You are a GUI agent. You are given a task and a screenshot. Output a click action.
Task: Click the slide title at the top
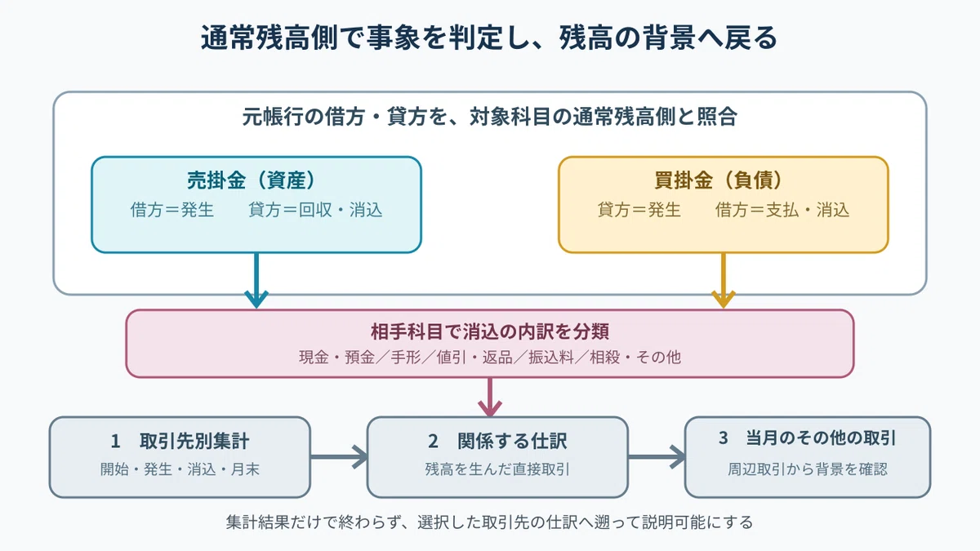489,38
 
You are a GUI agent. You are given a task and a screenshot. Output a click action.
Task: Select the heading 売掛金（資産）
252,180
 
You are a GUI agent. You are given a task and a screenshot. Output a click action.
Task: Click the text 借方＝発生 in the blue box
172,210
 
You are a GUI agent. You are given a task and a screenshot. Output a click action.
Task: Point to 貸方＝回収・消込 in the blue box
315,210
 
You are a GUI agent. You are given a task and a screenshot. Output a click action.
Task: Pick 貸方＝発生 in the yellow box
639,210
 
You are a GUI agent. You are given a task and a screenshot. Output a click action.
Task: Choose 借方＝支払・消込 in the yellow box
782,210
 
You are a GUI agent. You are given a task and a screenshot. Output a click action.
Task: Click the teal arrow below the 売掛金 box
256,280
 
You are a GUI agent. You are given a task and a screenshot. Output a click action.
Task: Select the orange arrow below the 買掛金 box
724,280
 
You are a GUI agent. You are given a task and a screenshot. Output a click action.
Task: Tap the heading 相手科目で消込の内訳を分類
489,331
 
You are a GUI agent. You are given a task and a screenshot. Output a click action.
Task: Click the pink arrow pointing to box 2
489,397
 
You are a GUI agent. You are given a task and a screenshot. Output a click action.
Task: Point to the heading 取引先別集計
194,442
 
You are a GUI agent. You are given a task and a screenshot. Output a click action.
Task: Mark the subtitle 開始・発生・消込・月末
180,469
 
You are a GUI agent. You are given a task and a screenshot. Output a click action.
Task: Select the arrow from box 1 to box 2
339,457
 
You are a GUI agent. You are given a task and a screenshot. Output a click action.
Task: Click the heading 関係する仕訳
512,442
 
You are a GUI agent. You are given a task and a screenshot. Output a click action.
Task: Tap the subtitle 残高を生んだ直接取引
497,469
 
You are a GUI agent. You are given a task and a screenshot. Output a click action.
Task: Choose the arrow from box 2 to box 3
657,457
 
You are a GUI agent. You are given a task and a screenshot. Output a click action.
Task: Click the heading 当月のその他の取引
821,438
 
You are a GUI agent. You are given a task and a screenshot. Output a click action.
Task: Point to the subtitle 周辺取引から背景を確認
807,469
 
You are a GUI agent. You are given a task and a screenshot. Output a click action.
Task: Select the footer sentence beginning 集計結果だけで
489,522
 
